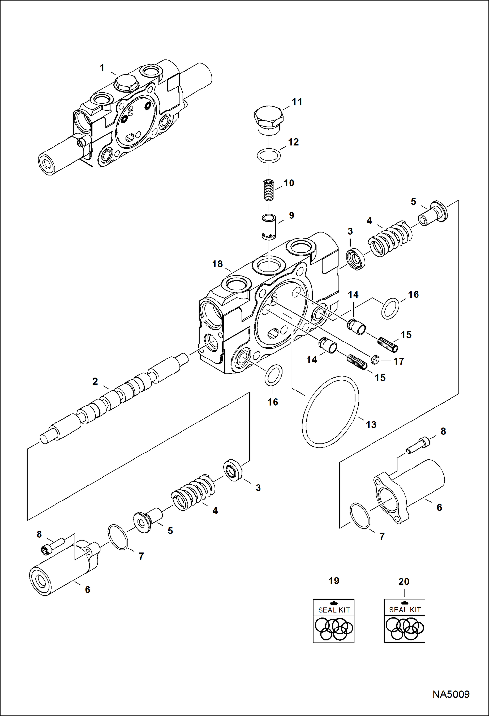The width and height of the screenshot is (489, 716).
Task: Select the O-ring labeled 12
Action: point(269,156)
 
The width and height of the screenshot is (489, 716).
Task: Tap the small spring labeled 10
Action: point(268,191)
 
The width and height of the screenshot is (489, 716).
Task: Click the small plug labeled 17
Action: point(375,360)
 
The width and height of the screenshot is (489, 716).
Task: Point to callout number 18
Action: point(217,264)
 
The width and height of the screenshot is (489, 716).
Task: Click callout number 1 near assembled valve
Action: point(102,68)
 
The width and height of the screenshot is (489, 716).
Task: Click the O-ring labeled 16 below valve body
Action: point(273,375)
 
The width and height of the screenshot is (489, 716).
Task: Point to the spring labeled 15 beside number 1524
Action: point(387,345)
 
